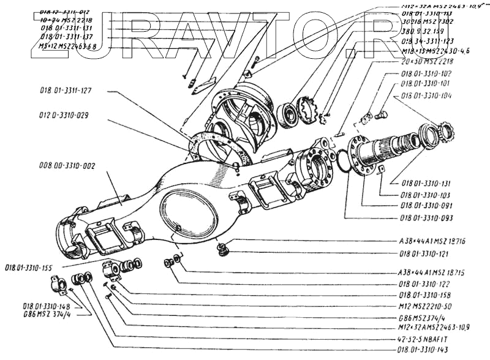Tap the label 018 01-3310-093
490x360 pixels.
pyautogui.click(x=426, y=217)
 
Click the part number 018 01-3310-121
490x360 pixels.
pyautogui.click(x=426, y=253)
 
